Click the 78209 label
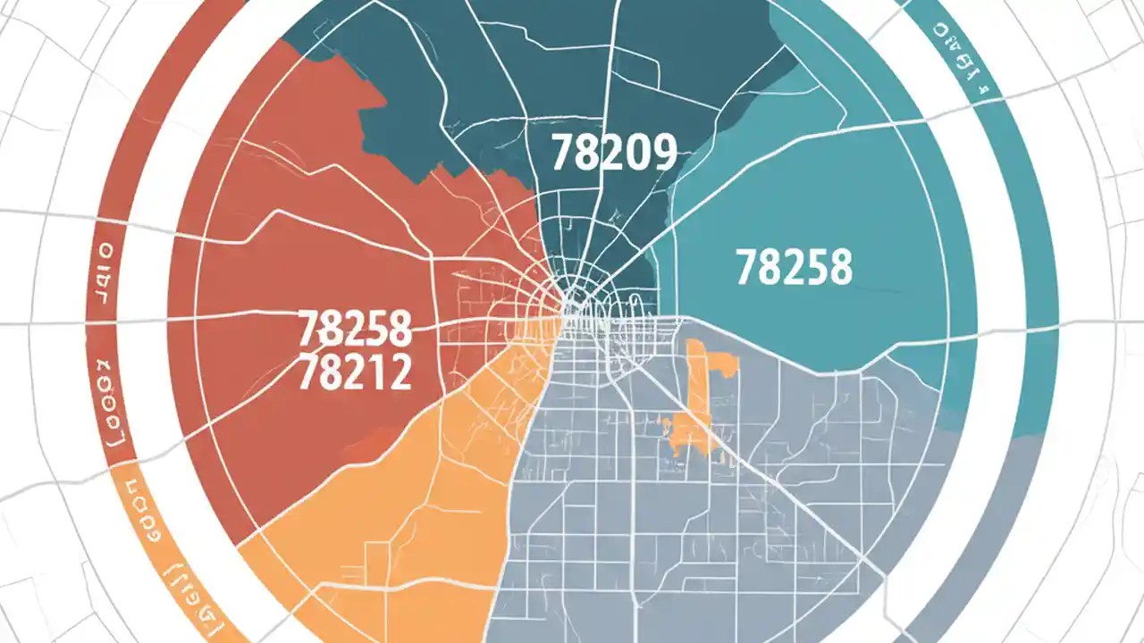pos(613,153)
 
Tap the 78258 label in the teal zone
pos(794,266)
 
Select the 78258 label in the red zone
pos(354,329)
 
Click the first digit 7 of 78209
pos(561,153)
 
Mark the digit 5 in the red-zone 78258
pos(374,329)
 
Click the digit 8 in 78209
pos(586,153)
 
